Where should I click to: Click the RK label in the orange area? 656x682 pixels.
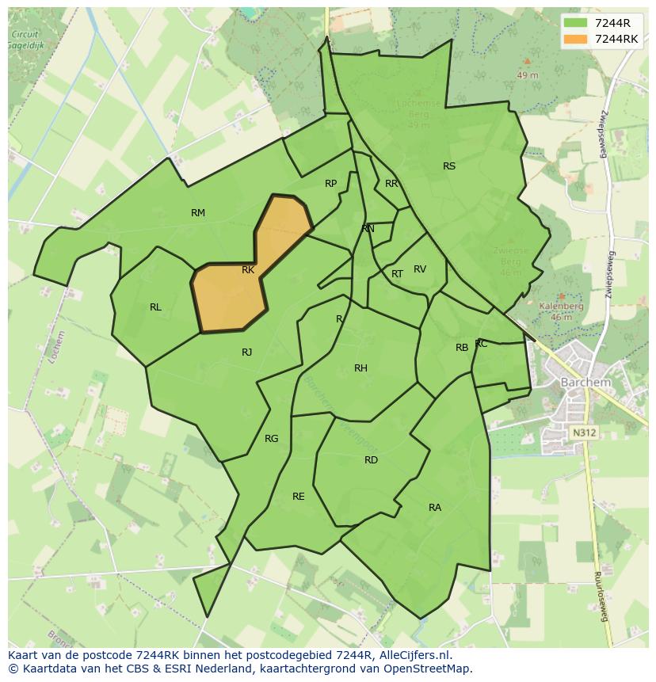(248, 270)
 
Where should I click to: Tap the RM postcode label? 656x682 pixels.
(198, 212)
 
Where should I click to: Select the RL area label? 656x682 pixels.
(155, 307)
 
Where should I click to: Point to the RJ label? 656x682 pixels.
(247, 352)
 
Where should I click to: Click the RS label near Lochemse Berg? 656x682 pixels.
(449, 166)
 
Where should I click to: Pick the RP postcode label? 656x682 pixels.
(331, 184)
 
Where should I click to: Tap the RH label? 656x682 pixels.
(360, 368)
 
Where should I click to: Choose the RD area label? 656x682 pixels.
(371, 460)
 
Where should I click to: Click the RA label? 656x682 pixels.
(435, 508)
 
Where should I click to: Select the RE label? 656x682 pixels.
(299, 497)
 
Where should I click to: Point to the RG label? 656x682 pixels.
(272, 439)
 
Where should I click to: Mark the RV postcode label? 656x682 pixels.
(420, 269)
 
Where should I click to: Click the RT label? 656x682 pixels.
(397, 274)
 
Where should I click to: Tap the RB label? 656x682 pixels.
(462, 348)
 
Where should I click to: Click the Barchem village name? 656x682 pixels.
(585, 382)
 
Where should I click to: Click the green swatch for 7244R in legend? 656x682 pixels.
(575, 23)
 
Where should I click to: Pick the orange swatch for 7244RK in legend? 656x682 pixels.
(575, 39)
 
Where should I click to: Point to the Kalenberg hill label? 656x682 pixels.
(561, 306)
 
